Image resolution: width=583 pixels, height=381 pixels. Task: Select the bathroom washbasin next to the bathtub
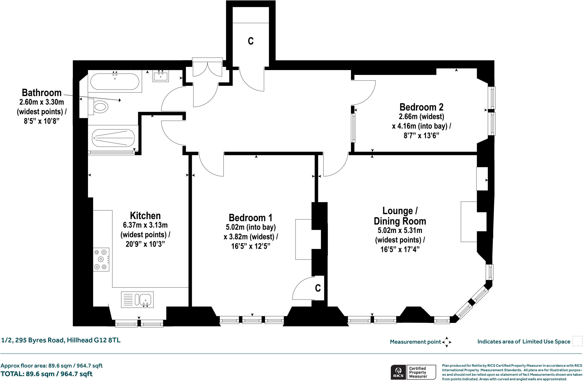point(161,76)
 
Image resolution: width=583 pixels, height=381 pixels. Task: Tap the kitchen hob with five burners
point(101,259)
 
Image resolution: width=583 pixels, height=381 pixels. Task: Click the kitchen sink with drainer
point(137,300)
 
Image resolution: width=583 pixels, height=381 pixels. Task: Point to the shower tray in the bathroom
point(113,138)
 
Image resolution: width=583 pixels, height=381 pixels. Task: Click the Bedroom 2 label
point(421,107)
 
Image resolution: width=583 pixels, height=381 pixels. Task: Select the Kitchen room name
point(145,216)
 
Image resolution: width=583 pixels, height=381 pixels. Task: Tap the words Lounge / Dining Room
point(400,216)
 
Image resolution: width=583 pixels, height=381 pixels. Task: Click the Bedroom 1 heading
point(251,218)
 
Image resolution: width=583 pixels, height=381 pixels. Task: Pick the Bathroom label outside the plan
point(42,93)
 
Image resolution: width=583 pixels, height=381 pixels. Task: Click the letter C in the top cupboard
point(251,41)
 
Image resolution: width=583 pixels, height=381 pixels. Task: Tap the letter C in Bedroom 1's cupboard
point(318,288)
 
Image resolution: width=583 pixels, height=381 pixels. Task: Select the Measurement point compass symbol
point(447,342)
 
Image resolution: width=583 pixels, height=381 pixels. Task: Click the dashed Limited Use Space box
point(577,341)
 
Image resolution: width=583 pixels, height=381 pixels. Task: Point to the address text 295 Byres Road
point(61,340)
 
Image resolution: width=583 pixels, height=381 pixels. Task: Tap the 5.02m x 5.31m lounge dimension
point(400,230)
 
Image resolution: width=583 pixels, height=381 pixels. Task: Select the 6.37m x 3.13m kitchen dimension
point(145,225)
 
